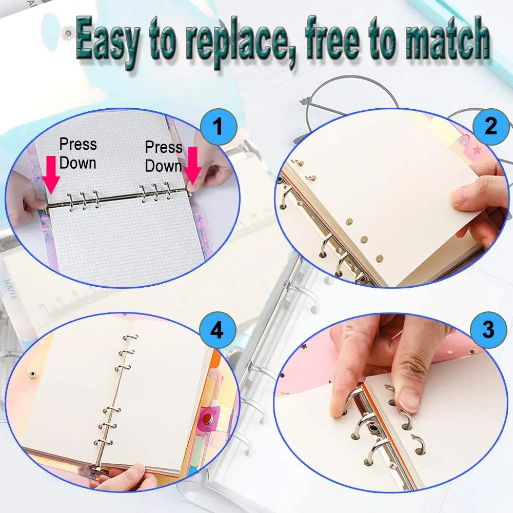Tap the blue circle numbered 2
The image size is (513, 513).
coord(490,126)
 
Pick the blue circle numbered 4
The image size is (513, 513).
coord(218,331)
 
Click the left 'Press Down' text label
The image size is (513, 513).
coord(77,153)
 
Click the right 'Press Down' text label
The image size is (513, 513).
coord(163,156)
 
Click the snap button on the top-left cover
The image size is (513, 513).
coord(65,34)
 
